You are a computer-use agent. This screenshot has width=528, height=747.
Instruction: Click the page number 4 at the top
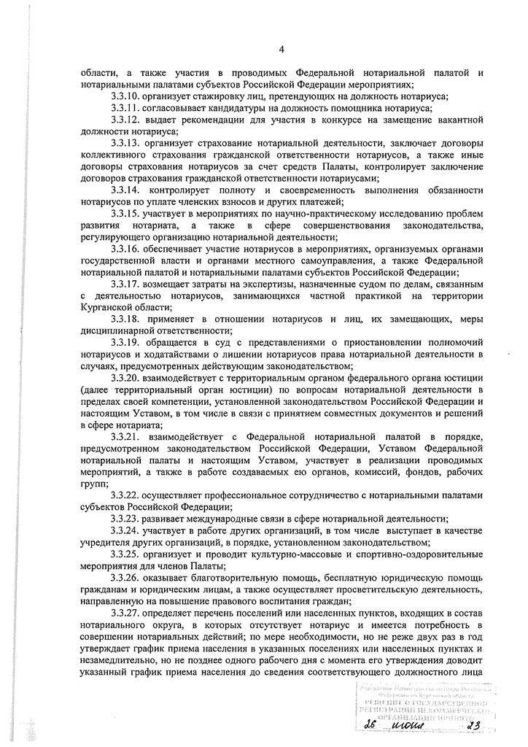[x=280, y=50]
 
